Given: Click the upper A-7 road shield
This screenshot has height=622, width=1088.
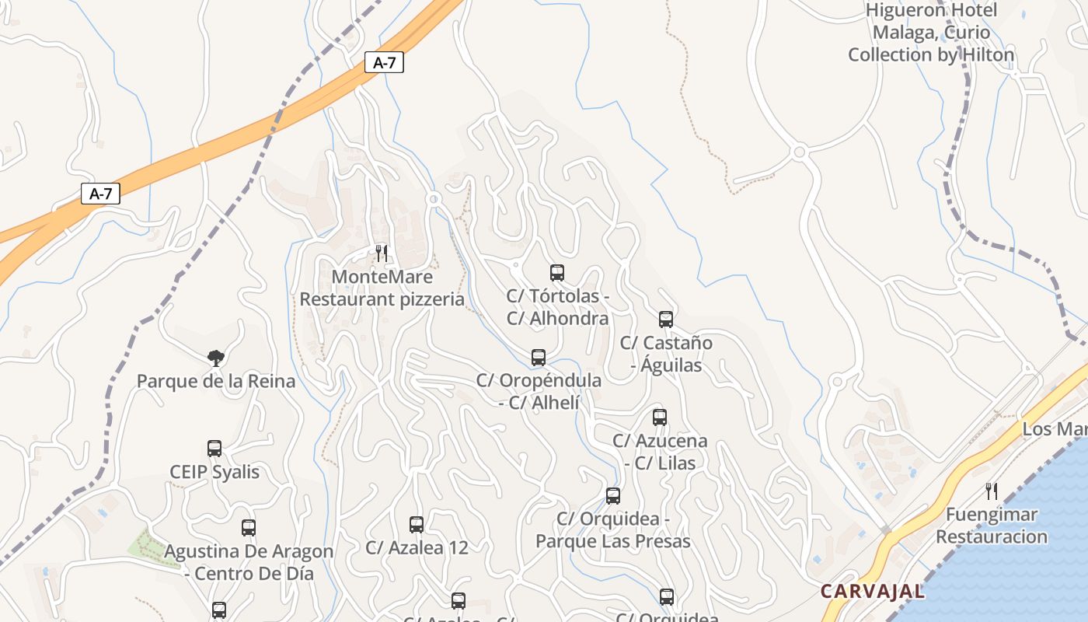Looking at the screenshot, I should (x=385, y=62).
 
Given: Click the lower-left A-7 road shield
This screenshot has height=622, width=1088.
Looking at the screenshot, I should (x=101, y=194).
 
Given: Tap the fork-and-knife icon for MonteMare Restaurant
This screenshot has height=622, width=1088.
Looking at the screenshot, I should (x=382, y=253).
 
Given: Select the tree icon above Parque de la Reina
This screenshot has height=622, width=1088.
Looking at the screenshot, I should (x=216, y=358).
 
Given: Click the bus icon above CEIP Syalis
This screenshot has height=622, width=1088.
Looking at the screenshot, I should (x=214, y=449).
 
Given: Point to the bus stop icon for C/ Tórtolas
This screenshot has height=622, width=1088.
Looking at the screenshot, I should (x=557, y=273).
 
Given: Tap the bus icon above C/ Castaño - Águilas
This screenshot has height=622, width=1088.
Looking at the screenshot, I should (x=666, y=319).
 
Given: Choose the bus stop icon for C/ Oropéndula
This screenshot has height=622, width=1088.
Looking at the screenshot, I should (x=539, y=358).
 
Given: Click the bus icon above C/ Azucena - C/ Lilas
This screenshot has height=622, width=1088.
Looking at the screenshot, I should (x=660, y=418).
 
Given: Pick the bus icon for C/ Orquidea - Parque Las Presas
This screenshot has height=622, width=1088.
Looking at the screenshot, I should (x=613, y=496).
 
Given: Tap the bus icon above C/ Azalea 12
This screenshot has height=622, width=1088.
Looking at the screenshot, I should (x=417, y=525).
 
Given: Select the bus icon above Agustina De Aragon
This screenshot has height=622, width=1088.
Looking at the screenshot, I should (x=249, y=529).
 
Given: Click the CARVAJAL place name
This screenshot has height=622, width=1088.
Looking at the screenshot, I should (x=873, y=591).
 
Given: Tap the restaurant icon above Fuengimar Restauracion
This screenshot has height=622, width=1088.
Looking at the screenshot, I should (x=991, y=491).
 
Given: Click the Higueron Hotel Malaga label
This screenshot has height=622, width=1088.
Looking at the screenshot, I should (x=931, y=33).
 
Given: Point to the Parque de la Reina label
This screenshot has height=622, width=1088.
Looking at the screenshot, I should (x=216, y=381).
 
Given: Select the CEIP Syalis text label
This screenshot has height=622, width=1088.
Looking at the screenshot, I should (x=214, y=472).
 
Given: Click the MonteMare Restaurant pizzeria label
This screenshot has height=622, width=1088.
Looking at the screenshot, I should (x=382, y=288).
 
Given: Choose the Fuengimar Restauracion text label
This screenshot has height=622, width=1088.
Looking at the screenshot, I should (x=992, y=526).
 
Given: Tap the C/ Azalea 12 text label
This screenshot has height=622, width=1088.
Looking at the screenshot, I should (x=417, y=547).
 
